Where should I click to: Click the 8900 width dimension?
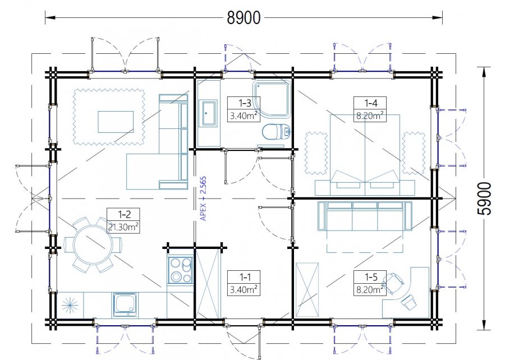[244, 18]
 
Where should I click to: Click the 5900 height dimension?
[484, 199]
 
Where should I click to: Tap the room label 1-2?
[123, 214]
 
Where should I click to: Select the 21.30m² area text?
[123, 227]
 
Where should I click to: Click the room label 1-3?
[244, 103]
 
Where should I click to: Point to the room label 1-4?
[370, 103]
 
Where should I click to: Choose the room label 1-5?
[370, 276]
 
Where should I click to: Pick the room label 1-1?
[244, 276]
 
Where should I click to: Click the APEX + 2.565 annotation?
[203, 199]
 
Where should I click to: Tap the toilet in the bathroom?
[276, 131]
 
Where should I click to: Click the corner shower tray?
[273, 99]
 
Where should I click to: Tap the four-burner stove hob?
[180, 270]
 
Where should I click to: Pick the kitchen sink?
[125, 304]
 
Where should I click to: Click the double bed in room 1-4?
[365, 155]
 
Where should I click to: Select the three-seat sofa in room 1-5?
[365, 215]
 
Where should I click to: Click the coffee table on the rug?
[116, 122]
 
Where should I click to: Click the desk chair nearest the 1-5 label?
[394, 282]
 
